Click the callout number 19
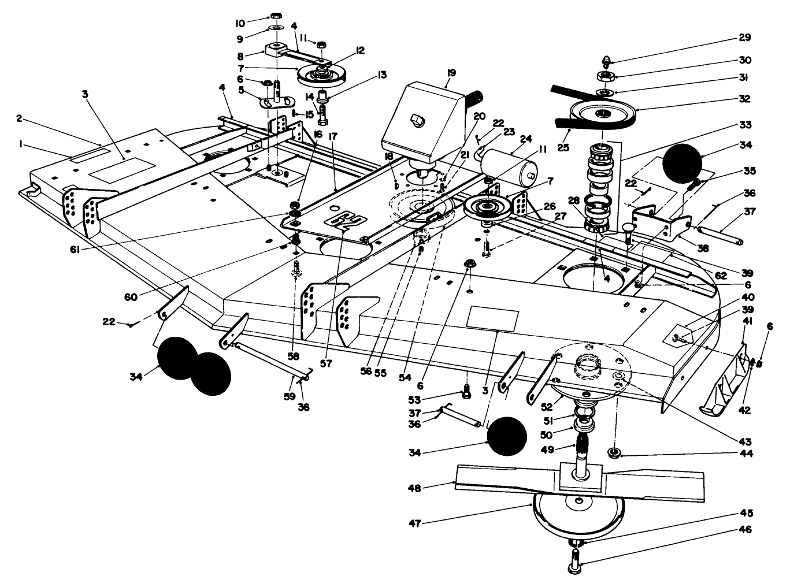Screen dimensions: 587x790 point(451,73)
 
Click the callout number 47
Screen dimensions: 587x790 point(430,523)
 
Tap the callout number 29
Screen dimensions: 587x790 point(744,38)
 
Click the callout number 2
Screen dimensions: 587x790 point(19,118)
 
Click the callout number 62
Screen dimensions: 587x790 point(720,276)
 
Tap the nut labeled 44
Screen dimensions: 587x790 point(614,452)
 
